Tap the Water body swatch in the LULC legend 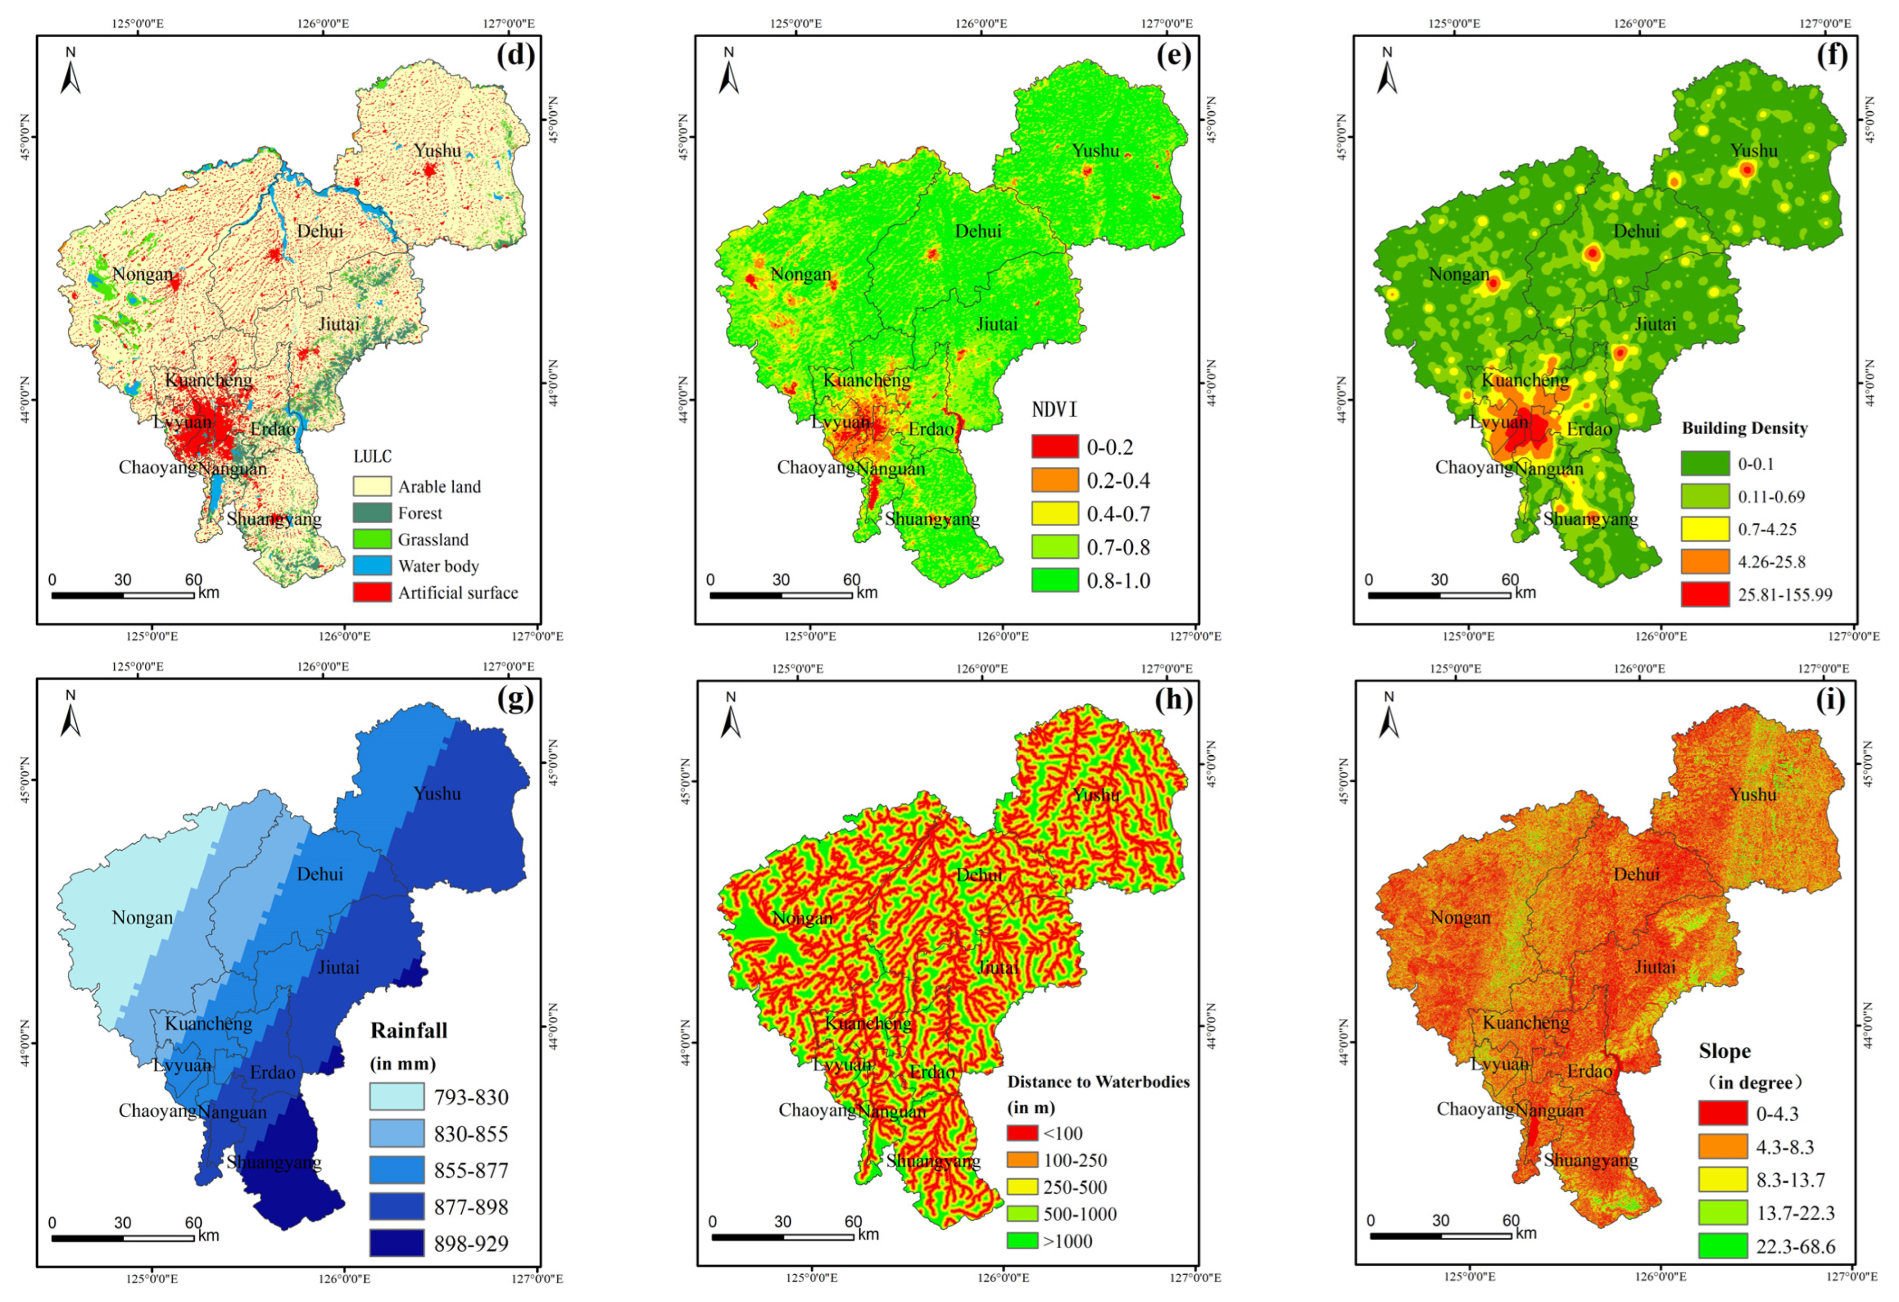[x=372, y=565]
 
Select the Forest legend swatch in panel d [x=372, y=513]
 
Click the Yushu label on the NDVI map [x=1096, y=150]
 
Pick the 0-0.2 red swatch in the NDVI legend [x=1054, y=446]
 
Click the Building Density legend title [x=1744, y=428]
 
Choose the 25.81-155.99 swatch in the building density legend [x=1704, y=594]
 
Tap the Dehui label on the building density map [x=1636, y=231]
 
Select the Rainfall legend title [x=408, y=1031]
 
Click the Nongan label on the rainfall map [x=142, y=918]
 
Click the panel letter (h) [x=1174, y=700]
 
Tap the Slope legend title [x=1724, y=1051]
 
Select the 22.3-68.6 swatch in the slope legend [x=1722, y=1247]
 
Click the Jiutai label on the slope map [x=1655, y=967]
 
